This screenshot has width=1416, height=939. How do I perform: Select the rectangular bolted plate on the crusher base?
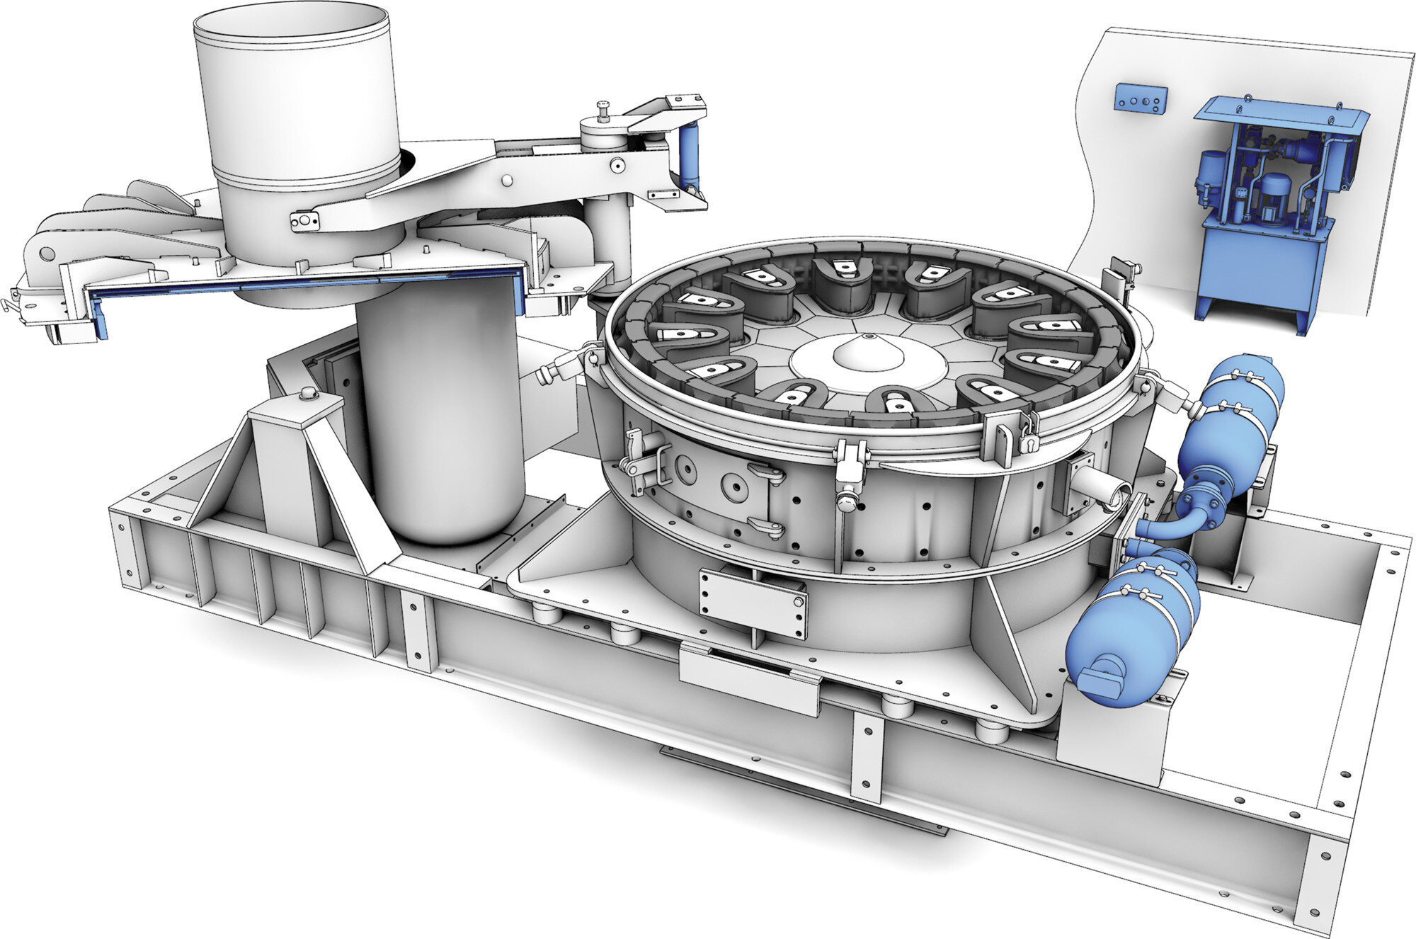[x=753, y=604]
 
